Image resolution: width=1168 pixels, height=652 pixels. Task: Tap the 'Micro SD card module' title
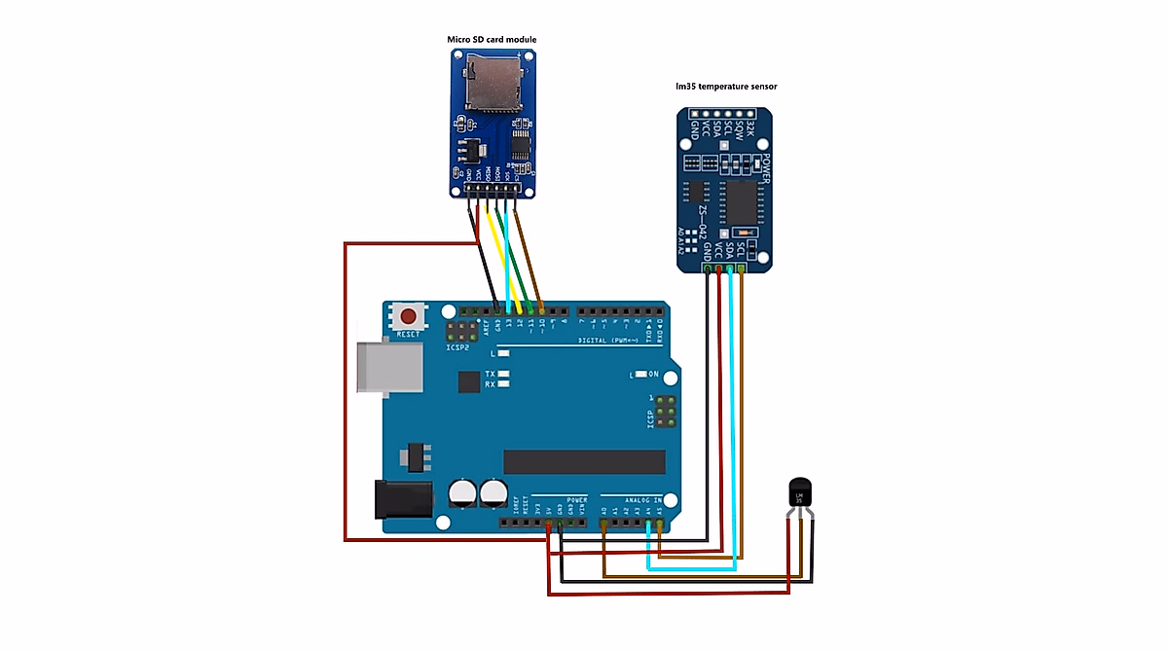tap(492, 40)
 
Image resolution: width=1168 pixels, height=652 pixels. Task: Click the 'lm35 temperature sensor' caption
tap(726, 87)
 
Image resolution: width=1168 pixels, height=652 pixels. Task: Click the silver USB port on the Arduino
tap(387, 366)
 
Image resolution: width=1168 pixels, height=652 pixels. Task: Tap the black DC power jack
tap(404, 499)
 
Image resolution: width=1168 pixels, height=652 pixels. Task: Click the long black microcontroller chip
tap(583, 460)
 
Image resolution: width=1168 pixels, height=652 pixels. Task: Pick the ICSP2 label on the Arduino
tap(458, 346)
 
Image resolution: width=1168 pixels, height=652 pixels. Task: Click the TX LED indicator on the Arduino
tap(504, 374)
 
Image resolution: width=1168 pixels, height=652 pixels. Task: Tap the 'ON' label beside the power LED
tap(653, 374)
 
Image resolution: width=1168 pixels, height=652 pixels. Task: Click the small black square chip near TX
tap(469, 380)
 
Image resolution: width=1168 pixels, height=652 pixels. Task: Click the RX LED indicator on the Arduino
tap(504, 384)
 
